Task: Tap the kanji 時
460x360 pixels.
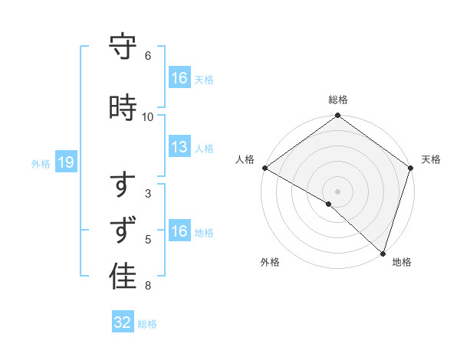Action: tap(123, 107)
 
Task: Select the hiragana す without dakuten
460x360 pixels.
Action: tap(123, 186)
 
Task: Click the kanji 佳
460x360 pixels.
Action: tap(123, 277)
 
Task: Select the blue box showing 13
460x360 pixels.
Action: tap(179, 147)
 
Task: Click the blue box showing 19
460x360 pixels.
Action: tap(65, 162)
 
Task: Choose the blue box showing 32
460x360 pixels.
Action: tap(123, 322)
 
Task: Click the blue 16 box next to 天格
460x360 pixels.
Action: tap(179, 78)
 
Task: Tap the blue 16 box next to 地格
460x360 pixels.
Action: tap(179, 231)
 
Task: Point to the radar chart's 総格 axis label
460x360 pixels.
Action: tap(338, 100)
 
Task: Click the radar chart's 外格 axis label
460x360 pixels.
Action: tap(270, 262)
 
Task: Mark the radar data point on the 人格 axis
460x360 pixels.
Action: tap(264, 168)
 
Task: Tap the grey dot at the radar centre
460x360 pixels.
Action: tap(338, 191)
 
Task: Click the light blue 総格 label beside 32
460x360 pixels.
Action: tap(147, 324)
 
